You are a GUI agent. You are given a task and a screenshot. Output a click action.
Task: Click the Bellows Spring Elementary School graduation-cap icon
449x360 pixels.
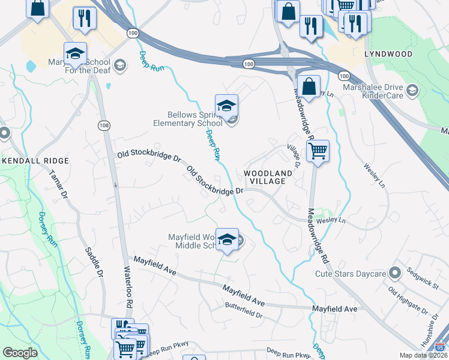click(227, 106)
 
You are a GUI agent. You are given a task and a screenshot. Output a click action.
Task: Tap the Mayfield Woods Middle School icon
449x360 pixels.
click(227, 239)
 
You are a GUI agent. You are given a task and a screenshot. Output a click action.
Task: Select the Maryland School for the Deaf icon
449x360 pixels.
click(75, 53)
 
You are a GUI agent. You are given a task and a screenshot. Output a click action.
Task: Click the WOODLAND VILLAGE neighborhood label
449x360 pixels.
click(268, 178)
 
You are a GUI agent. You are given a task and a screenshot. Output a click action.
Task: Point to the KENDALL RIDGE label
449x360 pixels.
click(35, 161)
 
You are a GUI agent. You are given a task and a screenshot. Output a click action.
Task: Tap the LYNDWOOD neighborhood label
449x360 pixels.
click(388, 54)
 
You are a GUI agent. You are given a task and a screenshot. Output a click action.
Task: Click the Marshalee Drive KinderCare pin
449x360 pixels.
click(412, 90)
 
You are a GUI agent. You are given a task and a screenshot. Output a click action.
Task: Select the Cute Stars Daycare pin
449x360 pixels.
click(394, 274)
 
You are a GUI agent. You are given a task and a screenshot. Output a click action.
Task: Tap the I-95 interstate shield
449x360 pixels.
click(441, 347)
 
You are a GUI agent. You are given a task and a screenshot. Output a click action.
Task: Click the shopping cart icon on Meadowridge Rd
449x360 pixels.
click(318, 151)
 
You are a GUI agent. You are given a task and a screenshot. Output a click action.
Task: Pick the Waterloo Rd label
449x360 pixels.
click(128, 287)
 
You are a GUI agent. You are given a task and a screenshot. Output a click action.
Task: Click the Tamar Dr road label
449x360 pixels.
click(59, 184)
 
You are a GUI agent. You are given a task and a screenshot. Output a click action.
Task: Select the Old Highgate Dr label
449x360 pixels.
click(408, 302)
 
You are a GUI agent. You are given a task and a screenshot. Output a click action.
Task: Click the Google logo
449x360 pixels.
click(20, 353)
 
